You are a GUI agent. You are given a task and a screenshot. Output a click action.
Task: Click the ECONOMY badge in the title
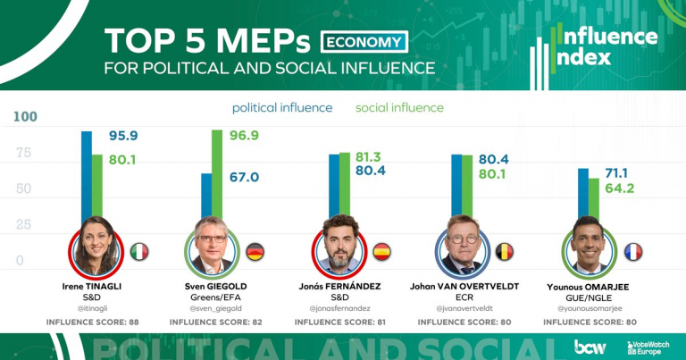coord(364,41)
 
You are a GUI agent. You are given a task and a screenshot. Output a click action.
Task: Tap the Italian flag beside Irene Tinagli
coord(139,251)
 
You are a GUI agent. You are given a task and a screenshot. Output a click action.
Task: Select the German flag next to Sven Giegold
coord(255,251)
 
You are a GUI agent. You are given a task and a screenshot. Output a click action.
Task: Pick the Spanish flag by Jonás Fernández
coord(381,251)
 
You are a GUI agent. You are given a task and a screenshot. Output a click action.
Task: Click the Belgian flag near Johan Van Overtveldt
coord(505,251)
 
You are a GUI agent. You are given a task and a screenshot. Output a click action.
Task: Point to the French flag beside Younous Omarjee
coord(633,251)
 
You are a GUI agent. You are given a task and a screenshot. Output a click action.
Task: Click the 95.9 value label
coord(123,136)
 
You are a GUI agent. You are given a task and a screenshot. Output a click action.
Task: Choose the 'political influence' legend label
coord(282,108)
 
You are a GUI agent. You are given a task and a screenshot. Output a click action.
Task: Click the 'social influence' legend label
coord(399,108)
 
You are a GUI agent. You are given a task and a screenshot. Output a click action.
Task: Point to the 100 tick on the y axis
coord(26,117)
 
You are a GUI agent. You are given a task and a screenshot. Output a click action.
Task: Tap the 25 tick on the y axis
coord(24,224)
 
